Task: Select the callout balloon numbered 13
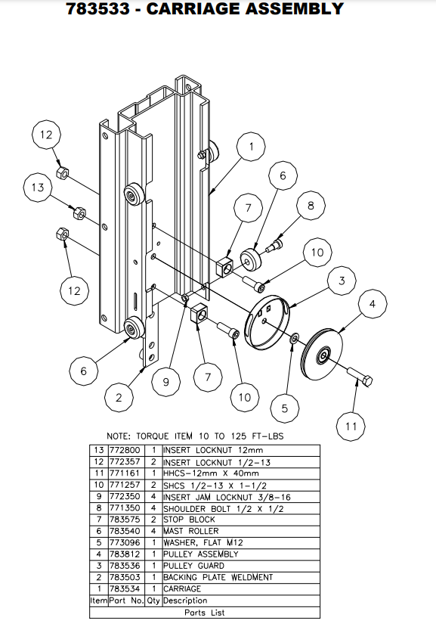coord(39,188)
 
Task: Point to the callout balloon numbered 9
coord(165,382)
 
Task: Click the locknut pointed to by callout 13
coord(78,212)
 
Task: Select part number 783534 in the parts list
coord(125,588)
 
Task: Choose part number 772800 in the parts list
coord(125,450)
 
